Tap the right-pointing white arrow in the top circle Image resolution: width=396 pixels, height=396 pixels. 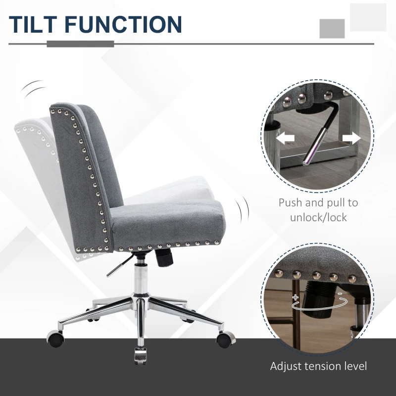(x=351, y=139)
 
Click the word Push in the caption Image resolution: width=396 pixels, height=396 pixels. (x=290, y=202)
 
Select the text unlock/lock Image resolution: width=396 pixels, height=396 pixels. (x=318, y=217)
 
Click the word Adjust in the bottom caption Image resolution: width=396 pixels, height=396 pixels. (x=286, y=367)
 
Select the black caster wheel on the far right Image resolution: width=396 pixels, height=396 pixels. (x=224, y=339)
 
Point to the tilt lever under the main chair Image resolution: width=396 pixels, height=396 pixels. (x=117, y=267)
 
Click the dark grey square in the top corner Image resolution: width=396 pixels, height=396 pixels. (x=332, y=28)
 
